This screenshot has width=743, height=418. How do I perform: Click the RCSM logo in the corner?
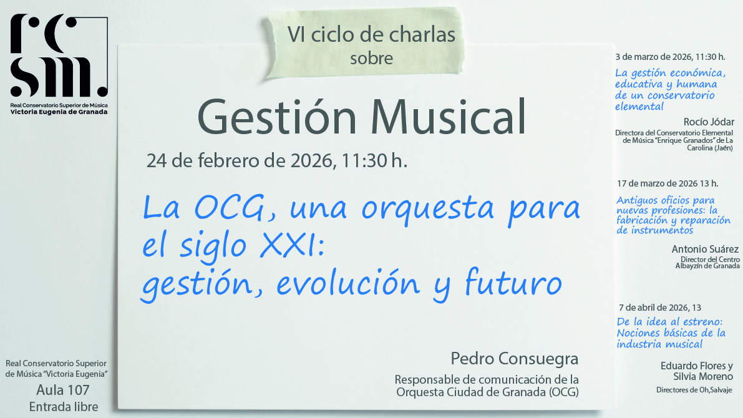(59, 56)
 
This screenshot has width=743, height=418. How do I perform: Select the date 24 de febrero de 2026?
(237, 160)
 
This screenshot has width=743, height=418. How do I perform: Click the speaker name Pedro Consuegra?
(515, 359)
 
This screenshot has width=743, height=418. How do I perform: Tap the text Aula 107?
(63, 391)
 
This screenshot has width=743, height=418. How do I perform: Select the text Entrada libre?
(63, 407)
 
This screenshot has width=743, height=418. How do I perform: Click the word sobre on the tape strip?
(372, 59)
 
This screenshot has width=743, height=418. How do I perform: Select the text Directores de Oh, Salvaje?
(694, 391)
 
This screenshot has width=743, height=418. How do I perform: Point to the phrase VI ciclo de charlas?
(372, 35)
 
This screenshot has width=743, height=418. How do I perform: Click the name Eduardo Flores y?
(697, 366)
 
